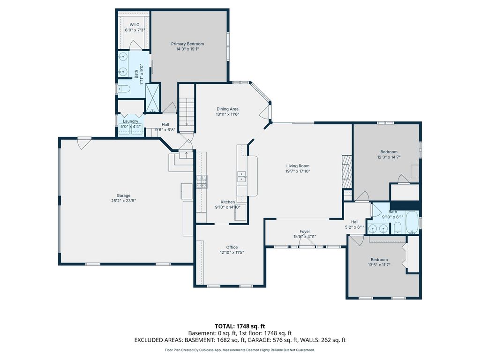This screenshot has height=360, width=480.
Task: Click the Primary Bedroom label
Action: coord(187,44)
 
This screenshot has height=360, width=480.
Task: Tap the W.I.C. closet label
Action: coord(135,24)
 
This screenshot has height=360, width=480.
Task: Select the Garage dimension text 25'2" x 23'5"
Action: coord(123,201)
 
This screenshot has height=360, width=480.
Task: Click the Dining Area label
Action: coord(227,109)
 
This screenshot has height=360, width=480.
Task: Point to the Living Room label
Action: coord(298,166)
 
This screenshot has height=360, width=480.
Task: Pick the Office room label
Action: coord(232,247)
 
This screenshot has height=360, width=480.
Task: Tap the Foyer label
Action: coord(305,232)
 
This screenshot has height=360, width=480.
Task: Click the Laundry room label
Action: coord(130,121)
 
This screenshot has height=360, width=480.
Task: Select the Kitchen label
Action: coord(228,202)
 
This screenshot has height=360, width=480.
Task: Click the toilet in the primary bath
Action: coord(124,89)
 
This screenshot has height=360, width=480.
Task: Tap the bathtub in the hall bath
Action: coord(412,222)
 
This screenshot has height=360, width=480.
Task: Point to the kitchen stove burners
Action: coord(202,181)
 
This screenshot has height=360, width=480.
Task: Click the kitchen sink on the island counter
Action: coord(242,177)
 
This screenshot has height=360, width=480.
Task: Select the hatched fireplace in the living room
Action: coord(347,172)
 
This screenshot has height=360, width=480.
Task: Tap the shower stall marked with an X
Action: coord(152,97)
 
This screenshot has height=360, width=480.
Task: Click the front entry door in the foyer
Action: coord(307,242)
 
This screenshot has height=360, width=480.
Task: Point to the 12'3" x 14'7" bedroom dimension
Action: coord(389,157)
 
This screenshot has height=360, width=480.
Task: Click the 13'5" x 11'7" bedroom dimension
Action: coord(379,265)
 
